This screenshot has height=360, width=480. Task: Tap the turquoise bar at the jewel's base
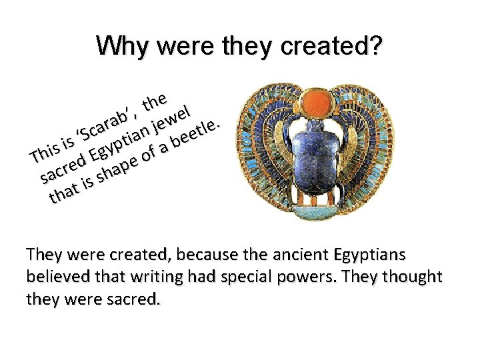pos(318,213)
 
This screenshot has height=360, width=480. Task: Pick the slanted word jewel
pos(173,114)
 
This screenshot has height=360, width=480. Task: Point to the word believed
pos(54,277)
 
